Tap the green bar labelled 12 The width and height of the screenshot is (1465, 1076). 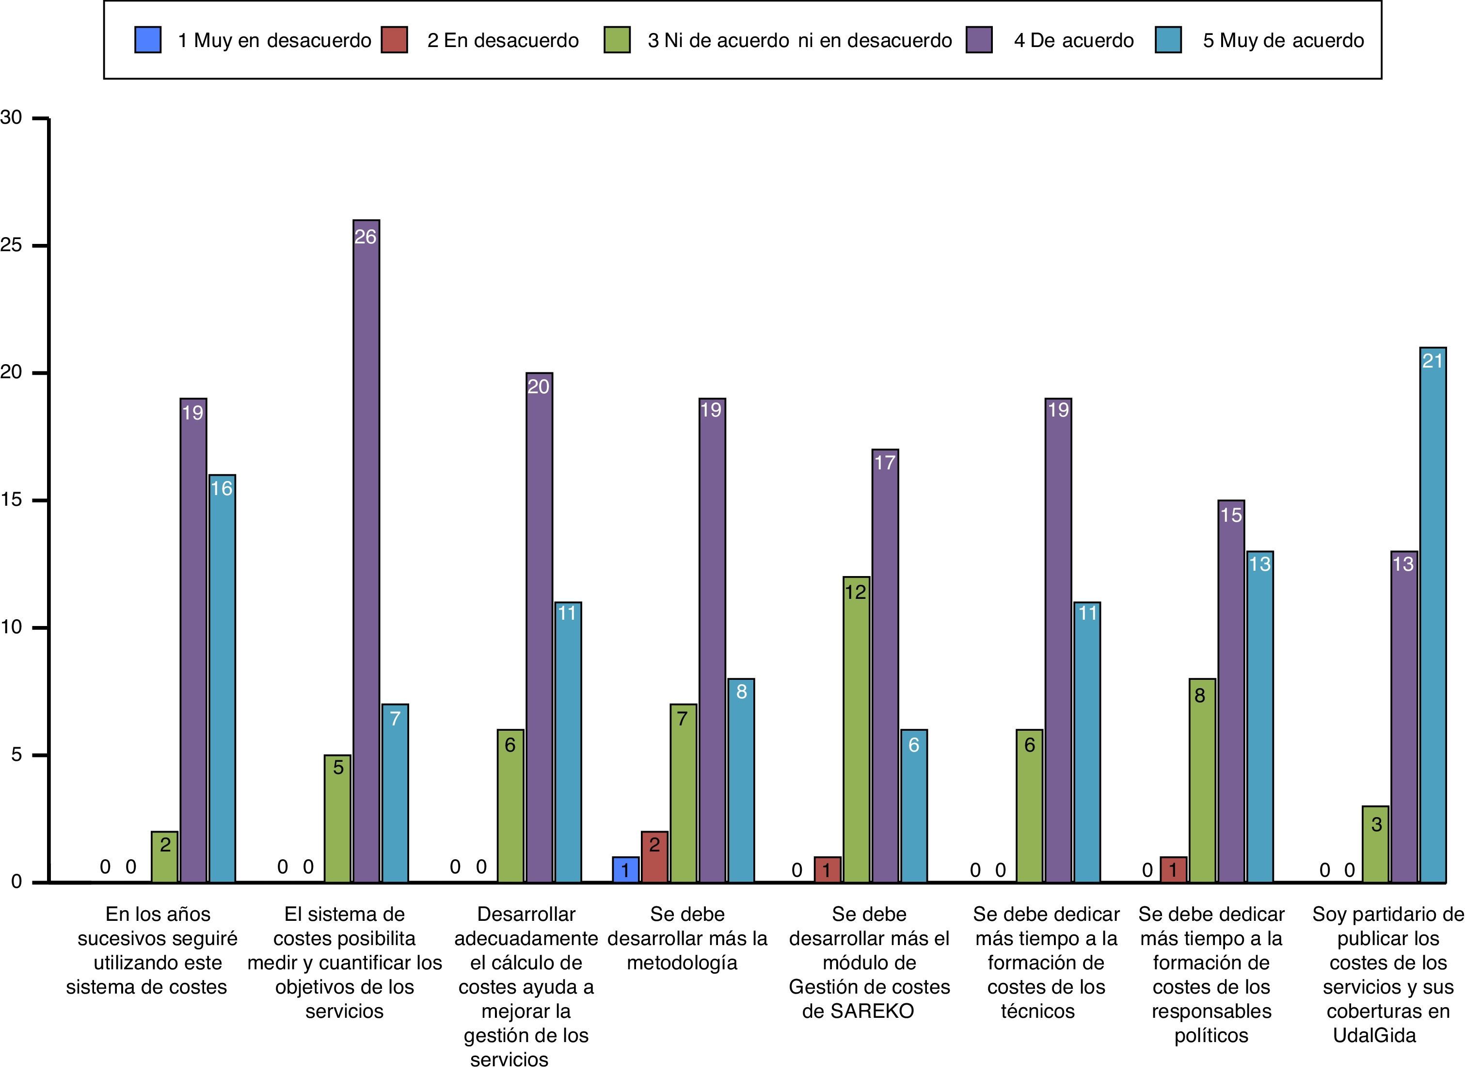click(x=856, y=729)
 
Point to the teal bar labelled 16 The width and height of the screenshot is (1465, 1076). click(x=222, y=678)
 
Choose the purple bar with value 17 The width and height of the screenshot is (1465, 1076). click(x=885, y=665)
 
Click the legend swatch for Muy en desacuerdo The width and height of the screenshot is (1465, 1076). click(x=148, y=40)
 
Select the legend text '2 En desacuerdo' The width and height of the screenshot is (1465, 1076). click(x=503, y=40)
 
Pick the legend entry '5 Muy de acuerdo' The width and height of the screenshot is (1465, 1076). click(x=1283, y=40)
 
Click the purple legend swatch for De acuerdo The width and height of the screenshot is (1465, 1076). click(x=979, y=40)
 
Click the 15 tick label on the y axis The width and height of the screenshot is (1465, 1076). click(x=12, y=500)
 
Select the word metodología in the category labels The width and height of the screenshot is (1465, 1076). click(x=682, y=963)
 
